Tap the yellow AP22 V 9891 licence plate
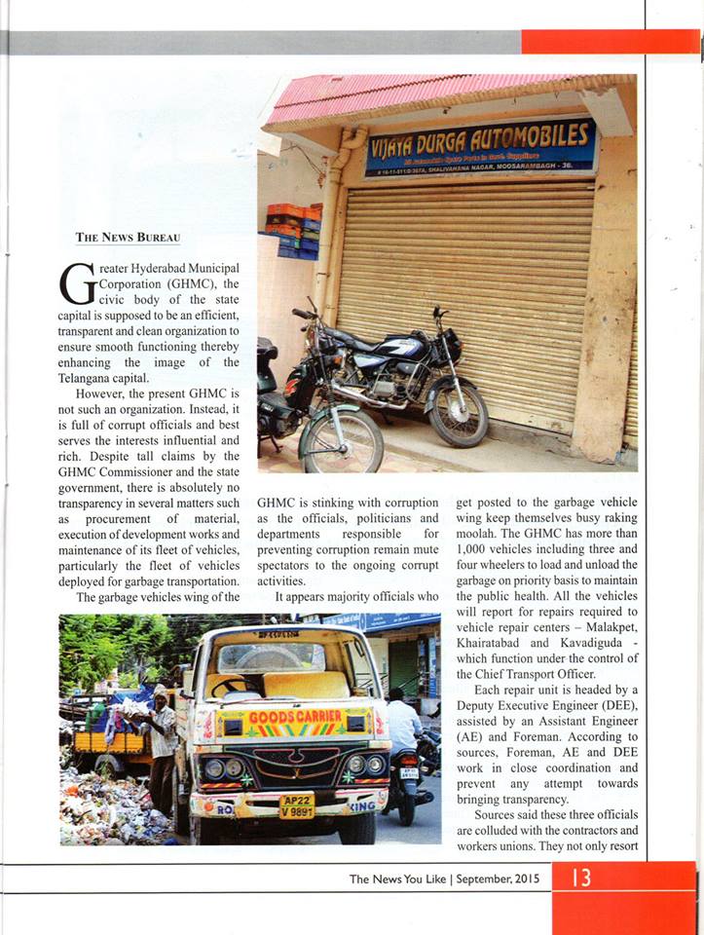point(297,805)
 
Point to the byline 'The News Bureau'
point(128,237)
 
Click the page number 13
point(581,879)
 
